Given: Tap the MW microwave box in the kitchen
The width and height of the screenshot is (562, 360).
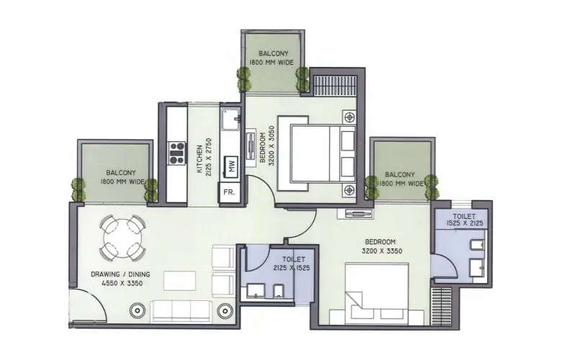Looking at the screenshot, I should coord(231,166).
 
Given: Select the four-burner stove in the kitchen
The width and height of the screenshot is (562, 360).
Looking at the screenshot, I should coord(177,152).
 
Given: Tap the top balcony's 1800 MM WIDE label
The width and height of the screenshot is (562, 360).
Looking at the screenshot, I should coord(271,63).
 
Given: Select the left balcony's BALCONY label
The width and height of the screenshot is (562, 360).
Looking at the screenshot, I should coord(117,173).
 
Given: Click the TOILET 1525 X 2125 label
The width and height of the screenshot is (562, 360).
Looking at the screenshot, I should coord(464,220).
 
